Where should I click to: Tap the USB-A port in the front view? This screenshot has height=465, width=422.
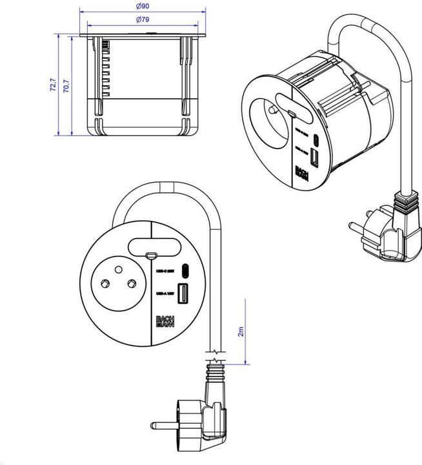click(x=183, y=294)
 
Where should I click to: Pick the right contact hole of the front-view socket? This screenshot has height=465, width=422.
click(x=131, y=284)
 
